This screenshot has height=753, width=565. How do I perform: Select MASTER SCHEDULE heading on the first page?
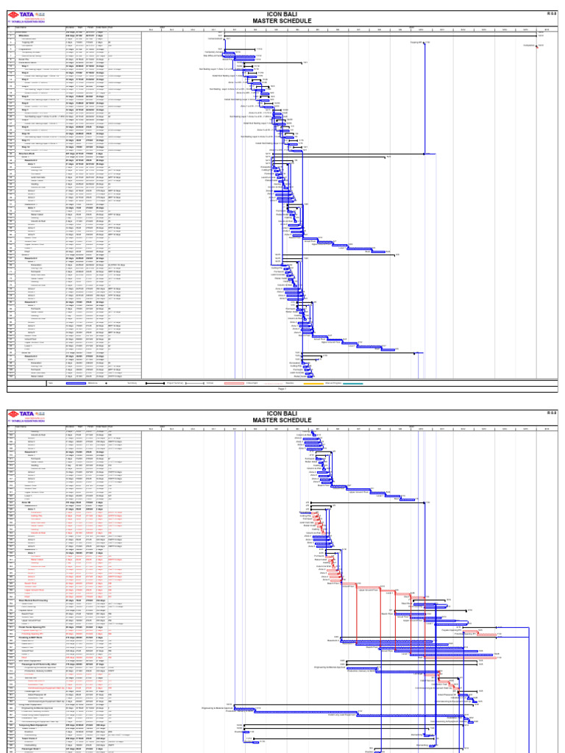point(282,21)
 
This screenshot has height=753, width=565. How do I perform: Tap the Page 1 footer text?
point(282,389)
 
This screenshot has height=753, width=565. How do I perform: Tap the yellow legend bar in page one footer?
point(313,383)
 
